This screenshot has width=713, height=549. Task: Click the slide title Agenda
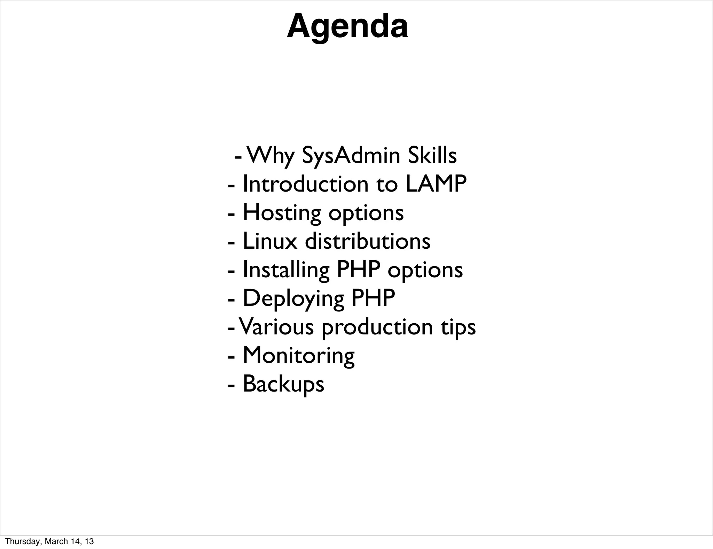point(347,26)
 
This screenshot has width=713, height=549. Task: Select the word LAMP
point(436,184)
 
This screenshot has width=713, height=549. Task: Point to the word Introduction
point(305,184)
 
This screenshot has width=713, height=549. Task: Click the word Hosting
point(282,213)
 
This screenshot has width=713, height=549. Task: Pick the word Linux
point(270,241)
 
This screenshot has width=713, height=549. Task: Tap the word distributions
point(368,241)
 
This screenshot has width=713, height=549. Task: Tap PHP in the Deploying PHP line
point(373,298)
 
